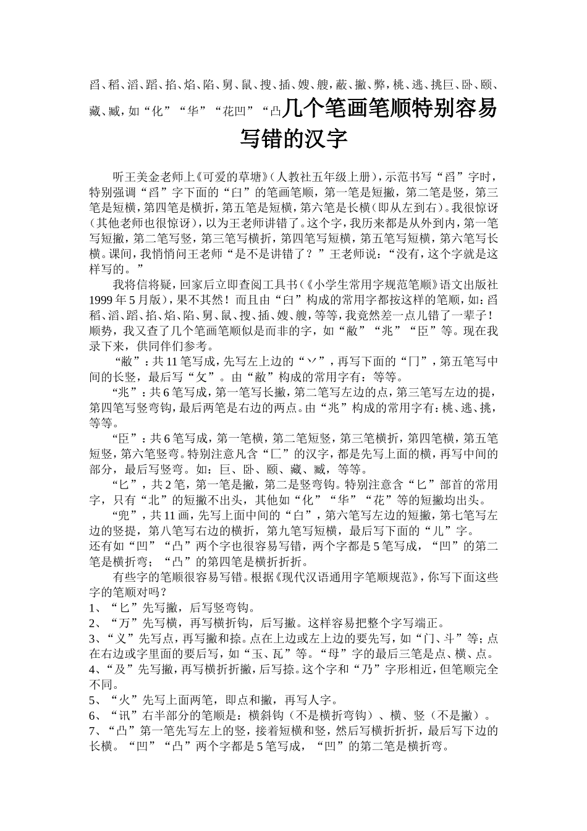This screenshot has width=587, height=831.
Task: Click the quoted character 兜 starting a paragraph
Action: point(122,516)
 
